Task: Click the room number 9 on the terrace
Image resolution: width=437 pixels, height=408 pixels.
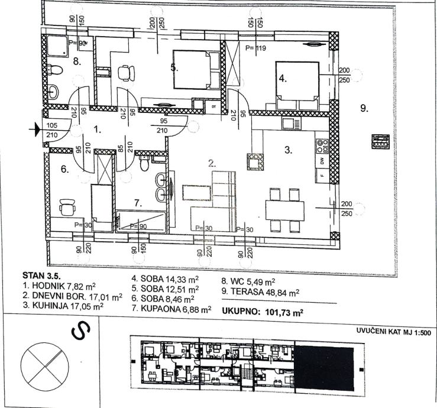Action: (364, 108)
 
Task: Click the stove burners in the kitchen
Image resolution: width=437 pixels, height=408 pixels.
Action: (322, 143)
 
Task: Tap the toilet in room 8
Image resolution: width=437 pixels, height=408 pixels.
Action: (56, 72)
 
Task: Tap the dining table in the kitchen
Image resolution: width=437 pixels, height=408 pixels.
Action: (287, 209)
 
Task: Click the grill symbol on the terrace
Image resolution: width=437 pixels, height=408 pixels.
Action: (380, 141)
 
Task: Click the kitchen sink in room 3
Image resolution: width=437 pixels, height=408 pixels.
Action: (290, 124)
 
